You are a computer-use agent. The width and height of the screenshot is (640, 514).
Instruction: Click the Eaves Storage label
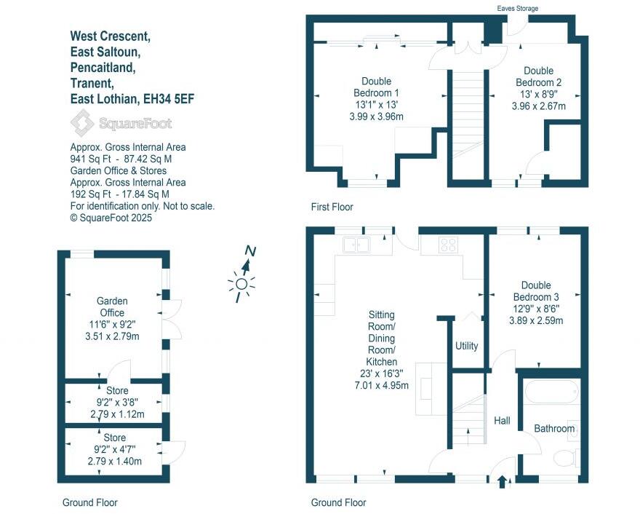tap(517, 8)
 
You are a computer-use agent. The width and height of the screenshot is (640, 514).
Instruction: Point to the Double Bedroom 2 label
tap(538, 76)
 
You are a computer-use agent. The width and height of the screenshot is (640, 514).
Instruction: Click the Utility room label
tap(466, 346)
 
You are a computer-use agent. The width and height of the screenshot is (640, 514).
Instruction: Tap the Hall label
tap(502, 421)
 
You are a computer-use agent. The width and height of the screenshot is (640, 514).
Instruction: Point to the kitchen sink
tap(358, 244)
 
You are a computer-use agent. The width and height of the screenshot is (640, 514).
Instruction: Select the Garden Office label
tap(113, 307)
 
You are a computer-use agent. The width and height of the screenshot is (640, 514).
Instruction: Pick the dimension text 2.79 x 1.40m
tap(114, 461)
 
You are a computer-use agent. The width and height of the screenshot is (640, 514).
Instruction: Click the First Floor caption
tap(331, 207)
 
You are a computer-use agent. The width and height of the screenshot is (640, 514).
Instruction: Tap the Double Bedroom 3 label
tap(536, 291)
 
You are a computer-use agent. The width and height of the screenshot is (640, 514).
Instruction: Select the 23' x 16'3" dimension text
tap(381, 373)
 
